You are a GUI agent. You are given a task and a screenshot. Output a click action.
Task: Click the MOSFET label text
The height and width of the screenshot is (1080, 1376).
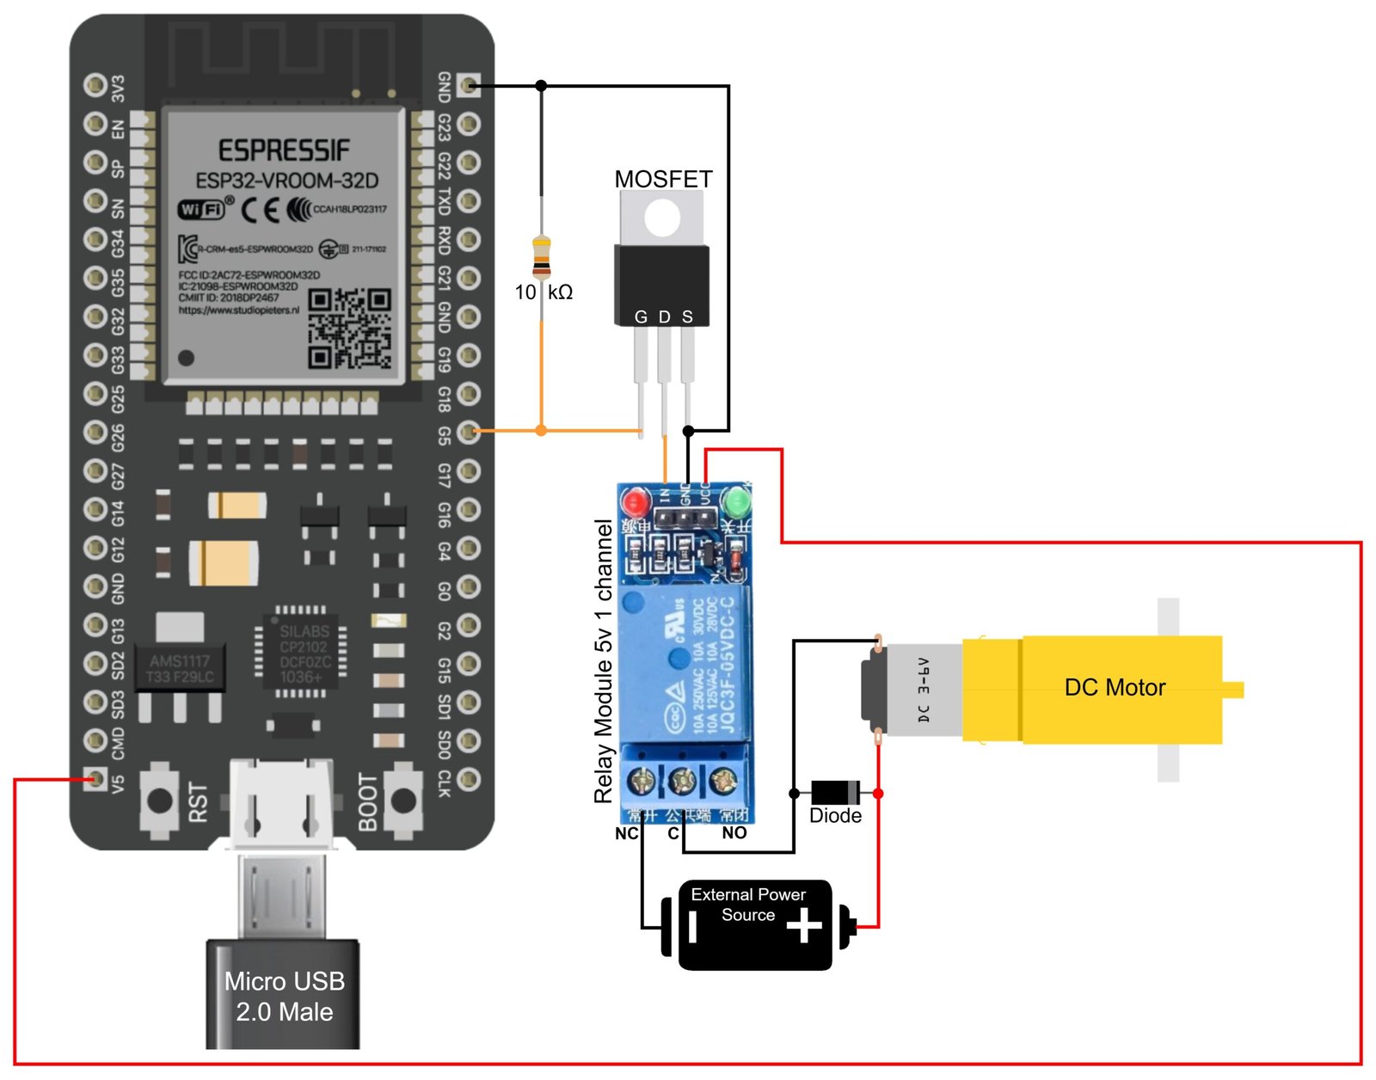pyautogui.click(x=663, y=179)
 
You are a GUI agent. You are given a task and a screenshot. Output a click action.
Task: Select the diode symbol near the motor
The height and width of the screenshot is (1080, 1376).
pyautogui.click(x=835, y=792)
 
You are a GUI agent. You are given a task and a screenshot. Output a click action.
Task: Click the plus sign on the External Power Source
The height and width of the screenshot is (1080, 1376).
pyautogui.click(x=804, y=926)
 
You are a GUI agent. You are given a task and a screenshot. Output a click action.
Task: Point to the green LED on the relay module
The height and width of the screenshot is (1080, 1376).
pyautogui.click(x=738, y=501)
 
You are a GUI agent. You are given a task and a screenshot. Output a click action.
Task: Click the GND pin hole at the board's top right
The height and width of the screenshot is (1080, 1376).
pyautogui.click(x=469, y=84)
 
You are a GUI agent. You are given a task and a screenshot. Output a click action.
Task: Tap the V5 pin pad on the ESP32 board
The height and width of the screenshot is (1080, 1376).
pyautogui.click(x=94, y=780)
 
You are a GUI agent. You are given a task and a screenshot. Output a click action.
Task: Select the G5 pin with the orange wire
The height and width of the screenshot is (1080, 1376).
pyautogui.click(x=469, y=431)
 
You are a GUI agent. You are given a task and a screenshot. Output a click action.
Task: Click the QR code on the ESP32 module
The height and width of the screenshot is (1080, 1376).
pyautogui.click(x=349, y=328)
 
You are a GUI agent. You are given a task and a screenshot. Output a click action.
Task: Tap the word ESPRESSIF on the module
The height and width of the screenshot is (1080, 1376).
pyautogui.click(x=284, y=150)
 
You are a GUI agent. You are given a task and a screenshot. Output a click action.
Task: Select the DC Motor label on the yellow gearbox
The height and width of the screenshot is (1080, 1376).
pyautogui.click(x=1115, y=687)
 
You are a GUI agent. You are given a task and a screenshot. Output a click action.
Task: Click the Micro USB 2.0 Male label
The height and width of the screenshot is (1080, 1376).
pyautogui.click(x=284, y=996)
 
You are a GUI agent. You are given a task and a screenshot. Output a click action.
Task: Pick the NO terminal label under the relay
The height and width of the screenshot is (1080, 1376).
pyautogui.click(x=734, y=832)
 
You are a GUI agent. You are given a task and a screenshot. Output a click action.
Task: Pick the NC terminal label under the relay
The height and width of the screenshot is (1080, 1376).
pyautogui.click(x=626, y=833)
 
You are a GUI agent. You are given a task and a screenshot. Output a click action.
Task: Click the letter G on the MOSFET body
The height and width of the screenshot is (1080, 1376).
pyautogui.click(x=641, y=316)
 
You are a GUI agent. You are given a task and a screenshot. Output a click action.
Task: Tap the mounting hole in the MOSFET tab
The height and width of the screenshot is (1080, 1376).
pyautogui.click(x=662, y=218)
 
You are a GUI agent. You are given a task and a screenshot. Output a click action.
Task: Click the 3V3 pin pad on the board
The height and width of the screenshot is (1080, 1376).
pyautogui.click(x=95, y=84)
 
